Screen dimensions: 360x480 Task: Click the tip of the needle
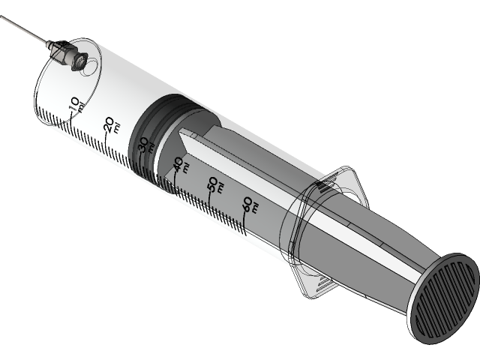point(1,15)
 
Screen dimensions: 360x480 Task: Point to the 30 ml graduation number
point(144,144)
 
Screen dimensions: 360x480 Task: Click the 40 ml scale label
point(179,165)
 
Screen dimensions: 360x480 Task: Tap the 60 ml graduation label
point(249,205)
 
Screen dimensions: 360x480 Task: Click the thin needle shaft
point(26,30)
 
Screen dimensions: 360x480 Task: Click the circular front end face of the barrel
point(64,86)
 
